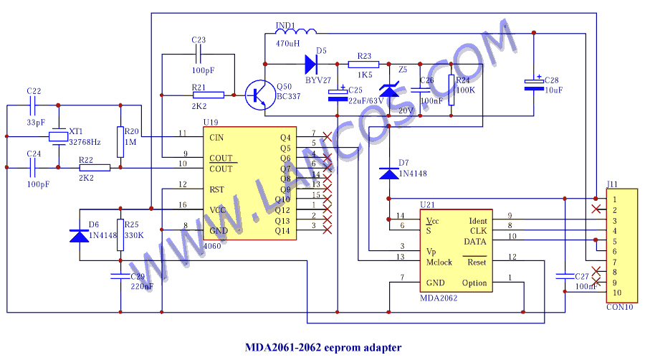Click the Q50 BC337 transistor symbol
pyautogui.click(x=258, y=94)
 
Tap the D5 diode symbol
pyautogui.click(x=310, y=65)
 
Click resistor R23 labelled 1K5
pyautogui.click(x=363, y=65)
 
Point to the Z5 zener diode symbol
pyautogui.click(x=389, y=90)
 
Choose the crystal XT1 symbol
pyautogui.click(x=57, y=136)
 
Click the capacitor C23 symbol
pyautogui.click(x=199, y=54)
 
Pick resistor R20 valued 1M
pyautogui.click(x=120, y=136)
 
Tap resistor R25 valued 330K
pyautogui.click(x=120, y=235)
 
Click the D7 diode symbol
pyautogui.click(x=389, y=172)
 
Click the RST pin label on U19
pyautogui.click(x=217, y=189)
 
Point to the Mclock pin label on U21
pyautogui.click(x=439, y=262)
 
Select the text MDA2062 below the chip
pyautogui.click(x=439, y=298)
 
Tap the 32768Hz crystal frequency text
pyautogui.click(x=85, y=143)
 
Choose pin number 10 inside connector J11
pyautogui.click(x=616, y=294)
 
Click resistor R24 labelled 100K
pyautogui.click(x=451, y=90)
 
